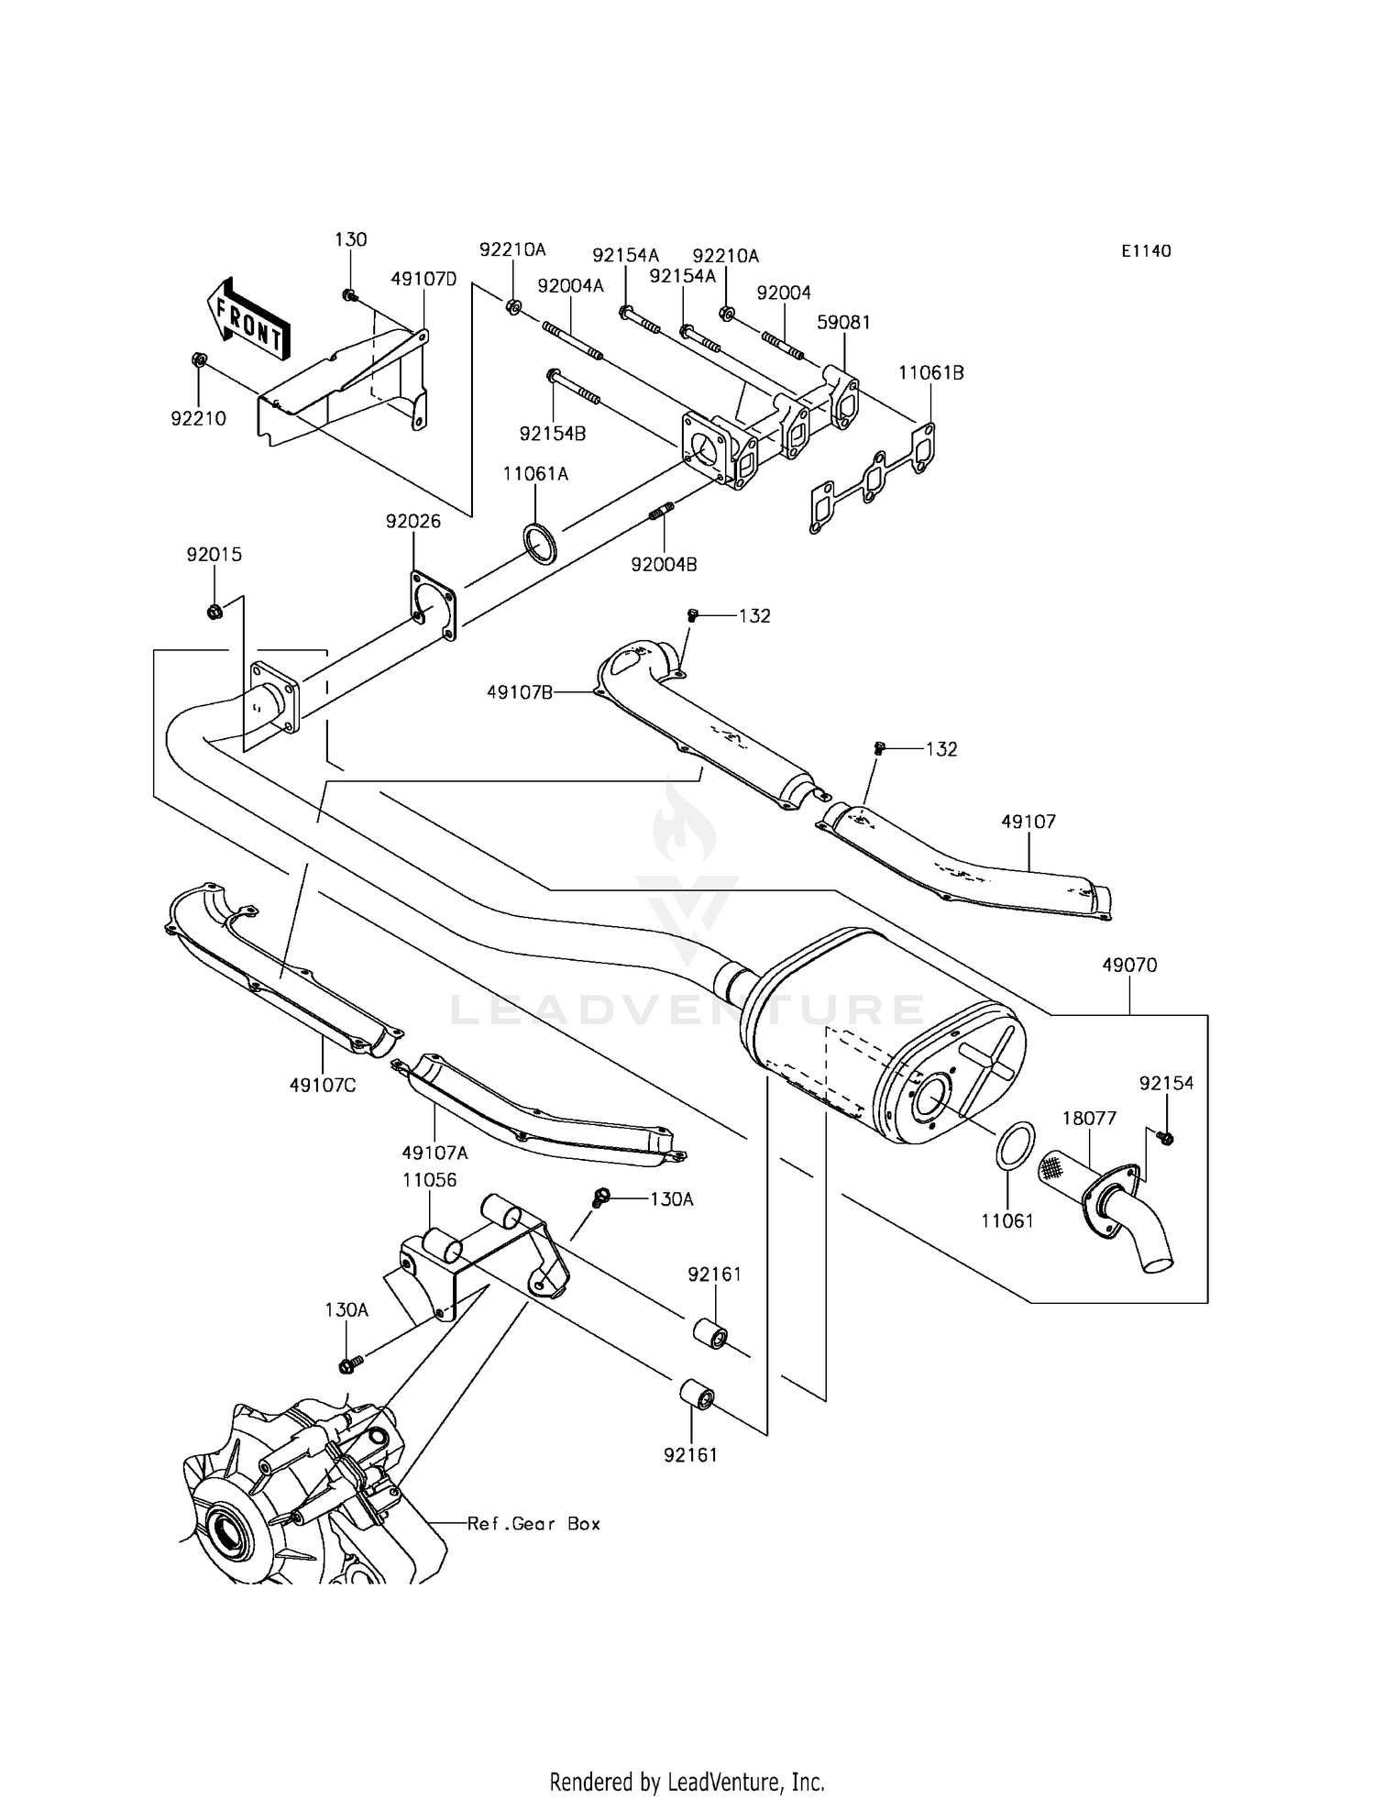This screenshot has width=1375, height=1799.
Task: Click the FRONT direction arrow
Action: [x=246, y=318]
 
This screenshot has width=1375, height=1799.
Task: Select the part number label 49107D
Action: [x=423, y=279]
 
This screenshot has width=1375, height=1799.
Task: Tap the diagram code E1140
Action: [x=1146, y=250]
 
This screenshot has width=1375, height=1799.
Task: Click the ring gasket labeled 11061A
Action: [x=541, y=543]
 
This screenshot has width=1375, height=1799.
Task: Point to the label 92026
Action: [x=412, y=521]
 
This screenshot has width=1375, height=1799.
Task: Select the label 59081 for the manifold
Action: [x=844, y=322]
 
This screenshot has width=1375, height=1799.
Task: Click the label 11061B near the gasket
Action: [x=931, y=372]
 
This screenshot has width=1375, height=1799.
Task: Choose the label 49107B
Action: [x=519, y=692]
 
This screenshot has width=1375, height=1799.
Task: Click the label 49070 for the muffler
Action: [x=1129, y=965]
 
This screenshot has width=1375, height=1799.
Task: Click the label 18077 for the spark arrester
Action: [x=1089, y=1118]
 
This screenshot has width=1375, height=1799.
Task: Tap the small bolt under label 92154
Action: [x=1166, y=1138]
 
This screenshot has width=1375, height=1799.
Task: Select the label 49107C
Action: [x=323, y=1085]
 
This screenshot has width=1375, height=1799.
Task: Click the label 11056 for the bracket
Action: [x=430, y=1179]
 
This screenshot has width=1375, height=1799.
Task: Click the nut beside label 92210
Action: [x=200, y=359]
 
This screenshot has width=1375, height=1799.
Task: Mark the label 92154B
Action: [x=552, y=434]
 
